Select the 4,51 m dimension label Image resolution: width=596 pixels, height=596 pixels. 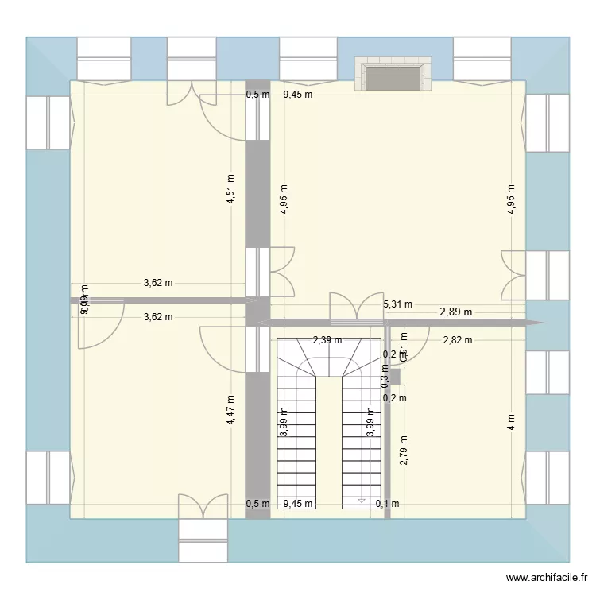click(x=230, y=190)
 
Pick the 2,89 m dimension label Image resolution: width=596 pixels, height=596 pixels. click(x=456, y=312)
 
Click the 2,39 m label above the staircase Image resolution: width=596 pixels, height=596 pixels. click(x=327, y=340)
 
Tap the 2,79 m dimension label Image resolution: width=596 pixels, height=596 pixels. click(x=404, y=451)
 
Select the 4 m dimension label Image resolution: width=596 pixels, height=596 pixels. click(x=511, y=421)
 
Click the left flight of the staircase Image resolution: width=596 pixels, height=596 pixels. click(x=296, y=441)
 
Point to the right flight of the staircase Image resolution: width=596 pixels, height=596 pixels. click(x=362, y=441)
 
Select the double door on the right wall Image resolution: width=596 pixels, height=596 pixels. click(x=513, y=273)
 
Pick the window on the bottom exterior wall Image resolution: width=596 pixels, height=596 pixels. click(x=203, y=541)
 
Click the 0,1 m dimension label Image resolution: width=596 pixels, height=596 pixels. click(x=388, y=503)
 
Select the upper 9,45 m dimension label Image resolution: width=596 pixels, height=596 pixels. click(x=298, y=95)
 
